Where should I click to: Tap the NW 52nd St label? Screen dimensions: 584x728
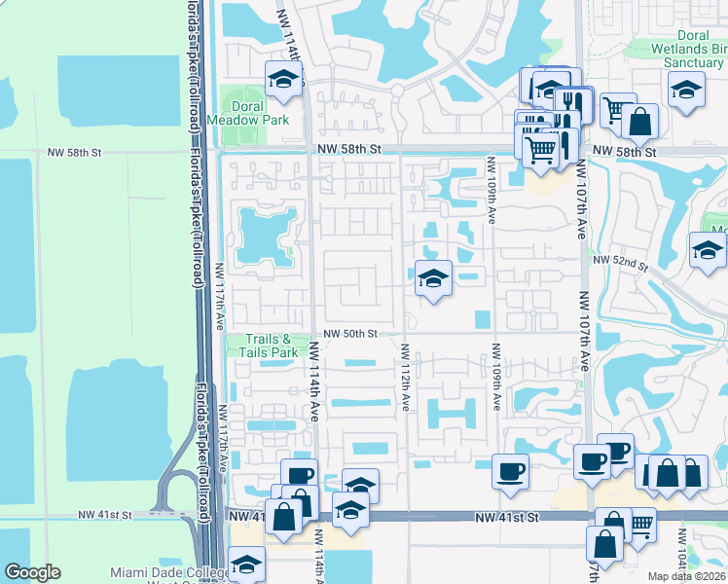(621, 263)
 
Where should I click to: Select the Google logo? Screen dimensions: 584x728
(33, 572)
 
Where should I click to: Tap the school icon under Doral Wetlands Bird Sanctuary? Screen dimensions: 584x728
(686, 90)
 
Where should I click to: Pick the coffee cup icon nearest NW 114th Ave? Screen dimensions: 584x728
(301, 476)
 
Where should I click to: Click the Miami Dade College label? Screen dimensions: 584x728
(165, 573)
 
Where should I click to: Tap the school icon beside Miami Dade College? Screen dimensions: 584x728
(247, 565)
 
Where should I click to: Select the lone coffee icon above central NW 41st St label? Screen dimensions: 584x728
(510, 472)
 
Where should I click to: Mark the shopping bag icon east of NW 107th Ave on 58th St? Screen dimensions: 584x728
(639, 122)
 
